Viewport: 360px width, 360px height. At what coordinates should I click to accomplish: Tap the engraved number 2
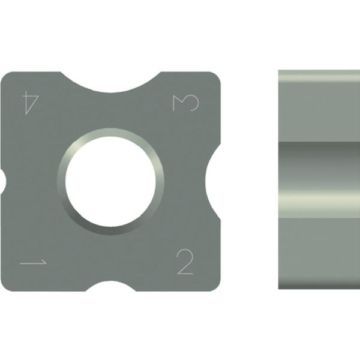click(x=185, y=263)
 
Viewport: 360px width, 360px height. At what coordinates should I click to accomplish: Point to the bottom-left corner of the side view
click(x=281, y=287)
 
